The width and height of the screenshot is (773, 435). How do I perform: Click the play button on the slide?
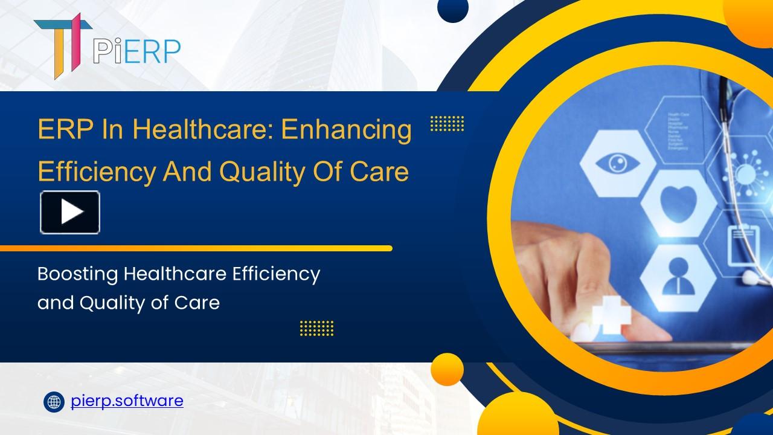tap(70, 212)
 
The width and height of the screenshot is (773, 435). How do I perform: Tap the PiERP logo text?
tap(137, 51)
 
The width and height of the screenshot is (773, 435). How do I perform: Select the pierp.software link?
tap(127, 401)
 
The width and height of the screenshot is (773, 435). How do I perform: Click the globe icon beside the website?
tap(54, 401)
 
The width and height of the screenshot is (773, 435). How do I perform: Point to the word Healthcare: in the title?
tap(203, 130)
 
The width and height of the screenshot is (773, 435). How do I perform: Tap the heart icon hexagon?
tap(672, 202)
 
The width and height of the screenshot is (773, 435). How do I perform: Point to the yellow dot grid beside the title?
tap(447, 123)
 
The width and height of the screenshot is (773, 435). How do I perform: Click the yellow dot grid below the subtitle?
tap(316, 328)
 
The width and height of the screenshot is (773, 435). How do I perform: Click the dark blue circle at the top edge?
tap(452, 8)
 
